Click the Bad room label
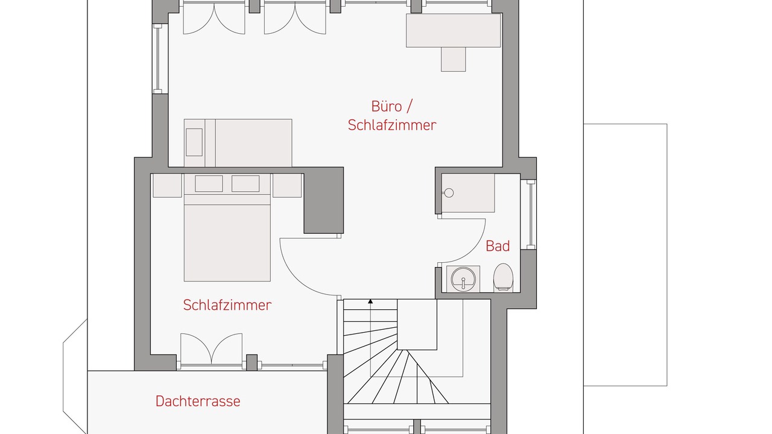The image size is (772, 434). [498, 246]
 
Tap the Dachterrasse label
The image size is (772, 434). [198, 401]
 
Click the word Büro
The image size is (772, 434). [387, 106]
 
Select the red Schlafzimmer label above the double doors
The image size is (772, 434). [227, 305]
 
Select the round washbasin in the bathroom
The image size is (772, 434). [463, 278]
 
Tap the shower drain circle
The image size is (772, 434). [449, 193]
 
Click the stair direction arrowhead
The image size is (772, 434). [370, 301]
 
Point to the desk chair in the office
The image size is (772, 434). [453, 59]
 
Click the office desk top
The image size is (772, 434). [453, 30]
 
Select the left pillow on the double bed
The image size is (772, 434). [209, 184]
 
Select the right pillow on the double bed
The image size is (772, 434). [245, 184]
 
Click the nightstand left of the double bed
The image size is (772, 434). [167, 185]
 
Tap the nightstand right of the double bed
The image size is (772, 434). [287, 185]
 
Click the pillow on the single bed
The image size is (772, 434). [194, 142]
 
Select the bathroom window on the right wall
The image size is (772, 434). [531, 214]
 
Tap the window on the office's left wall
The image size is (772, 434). [157, 58]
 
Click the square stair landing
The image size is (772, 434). [417, 324]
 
